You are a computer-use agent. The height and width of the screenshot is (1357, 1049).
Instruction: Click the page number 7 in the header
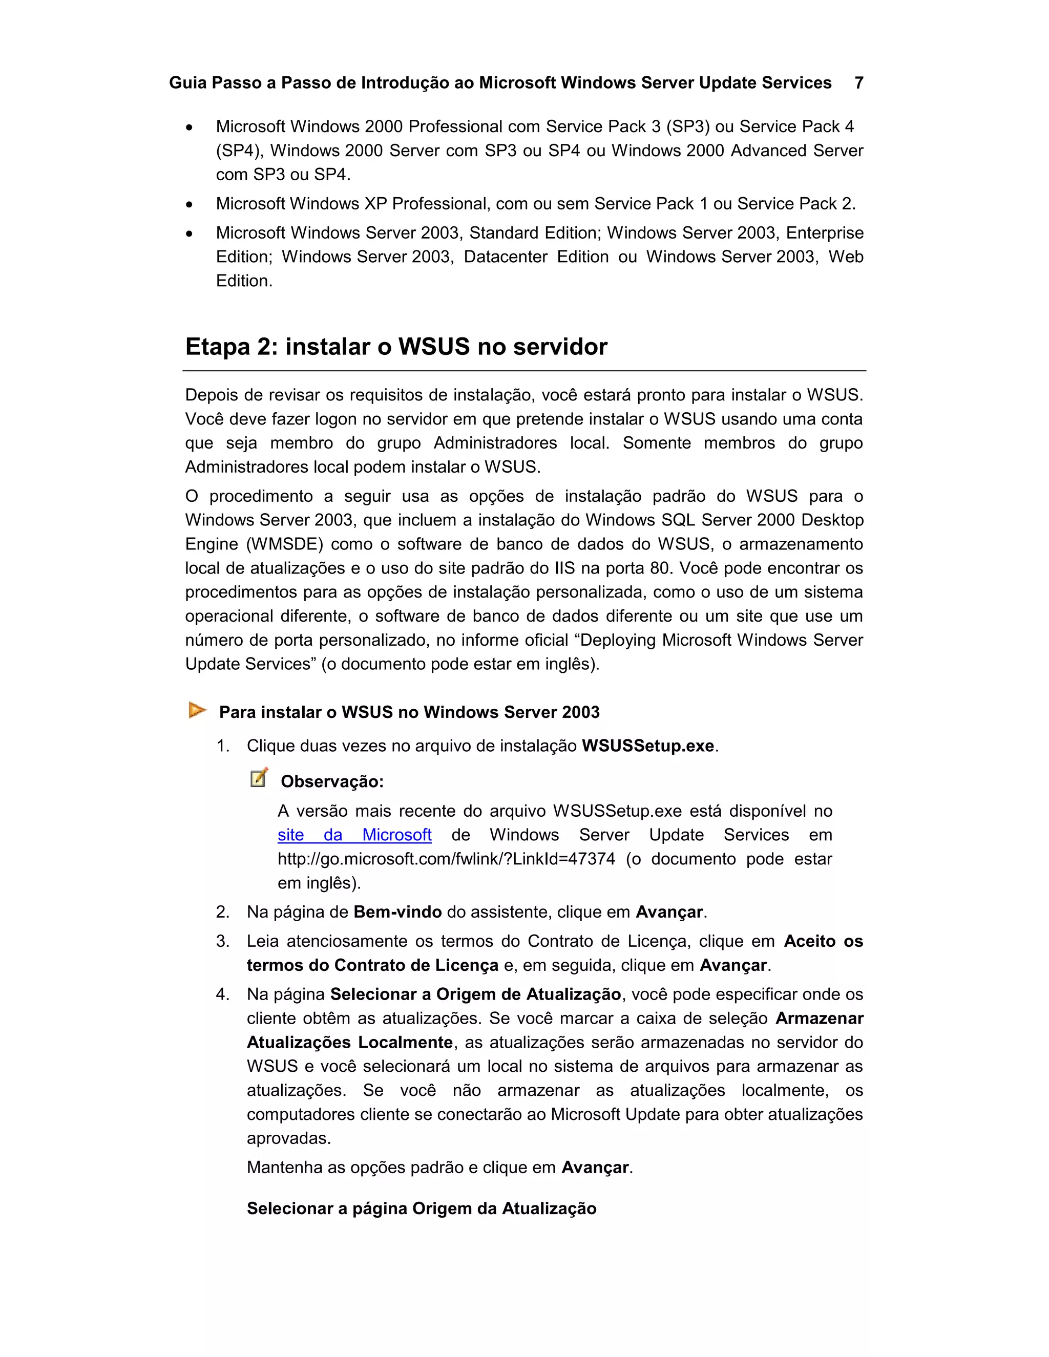point(859,82)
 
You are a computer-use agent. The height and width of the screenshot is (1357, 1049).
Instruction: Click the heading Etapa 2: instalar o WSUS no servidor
point(396,347)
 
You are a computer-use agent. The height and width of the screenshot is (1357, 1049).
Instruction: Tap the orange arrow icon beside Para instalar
point(197,710)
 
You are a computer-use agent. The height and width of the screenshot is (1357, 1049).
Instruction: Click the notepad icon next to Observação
point(259,777)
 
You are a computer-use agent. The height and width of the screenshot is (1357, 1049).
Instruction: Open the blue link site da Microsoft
point(354,835)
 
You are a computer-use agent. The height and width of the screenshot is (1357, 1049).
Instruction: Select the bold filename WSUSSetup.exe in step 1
point(647,746)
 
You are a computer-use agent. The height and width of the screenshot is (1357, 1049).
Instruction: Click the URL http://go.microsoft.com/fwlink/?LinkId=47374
point(446,859)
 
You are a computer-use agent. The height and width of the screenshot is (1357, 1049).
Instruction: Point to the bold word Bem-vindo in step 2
point(397,912)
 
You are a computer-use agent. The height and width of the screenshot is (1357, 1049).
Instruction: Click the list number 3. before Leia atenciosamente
point(222,941)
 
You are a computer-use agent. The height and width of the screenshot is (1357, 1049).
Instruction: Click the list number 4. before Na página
point(222,995)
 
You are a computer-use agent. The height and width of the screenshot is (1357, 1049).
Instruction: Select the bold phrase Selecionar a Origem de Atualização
point(475,995)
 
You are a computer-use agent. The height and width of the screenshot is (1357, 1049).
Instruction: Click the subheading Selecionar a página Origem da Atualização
point(422,1208)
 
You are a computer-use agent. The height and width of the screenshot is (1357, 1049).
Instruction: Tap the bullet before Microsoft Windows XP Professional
point(190,204)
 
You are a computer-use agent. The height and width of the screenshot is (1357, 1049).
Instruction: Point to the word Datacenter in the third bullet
point(505,257)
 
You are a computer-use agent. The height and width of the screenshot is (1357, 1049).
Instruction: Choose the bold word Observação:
point(332,781)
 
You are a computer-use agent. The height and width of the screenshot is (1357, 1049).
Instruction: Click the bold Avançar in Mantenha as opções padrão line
point(595,1168)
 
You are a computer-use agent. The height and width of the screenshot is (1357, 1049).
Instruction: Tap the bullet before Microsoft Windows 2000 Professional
point(190,128)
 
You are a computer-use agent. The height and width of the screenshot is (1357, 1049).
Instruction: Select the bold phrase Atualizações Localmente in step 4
point(349,1043)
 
